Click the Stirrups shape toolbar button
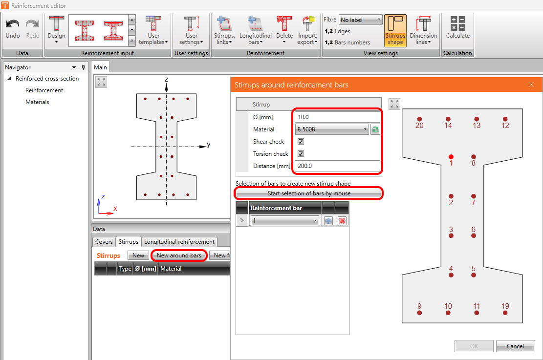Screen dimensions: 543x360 (395, 30)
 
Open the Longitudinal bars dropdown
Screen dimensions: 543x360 (256, 30)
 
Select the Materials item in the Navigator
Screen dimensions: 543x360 (38, 102)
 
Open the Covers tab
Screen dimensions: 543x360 (104, 242)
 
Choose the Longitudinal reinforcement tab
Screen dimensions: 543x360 (179, 242)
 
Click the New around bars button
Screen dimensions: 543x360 (179, 255)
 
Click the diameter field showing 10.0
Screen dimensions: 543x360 (337, 117)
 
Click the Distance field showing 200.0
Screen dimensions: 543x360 (337, 166)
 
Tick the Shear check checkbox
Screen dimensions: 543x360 (301, 141)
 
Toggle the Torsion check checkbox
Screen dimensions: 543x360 (301, 153)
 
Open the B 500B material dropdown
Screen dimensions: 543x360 (332, 129)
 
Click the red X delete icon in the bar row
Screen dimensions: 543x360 (342, 220)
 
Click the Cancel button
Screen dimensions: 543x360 (515, 346)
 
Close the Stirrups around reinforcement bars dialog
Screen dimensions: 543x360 (531, 85)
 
